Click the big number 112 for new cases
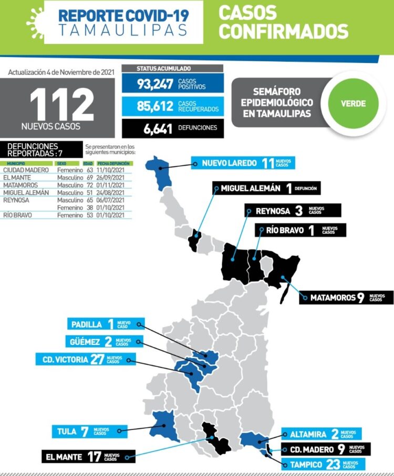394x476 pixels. tap(62, 104)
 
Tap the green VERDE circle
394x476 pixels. tap(353, 103)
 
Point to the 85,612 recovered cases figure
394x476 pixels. tap(155, 106)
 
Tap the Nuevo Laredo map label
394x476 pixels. tap(243, 163)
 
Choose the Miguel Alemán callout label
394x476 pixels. tap(266, 188)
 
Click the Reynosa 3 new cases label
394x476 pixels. tap(294, 211)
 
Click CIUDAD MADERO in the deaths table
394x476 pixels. tap(26, 170)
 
